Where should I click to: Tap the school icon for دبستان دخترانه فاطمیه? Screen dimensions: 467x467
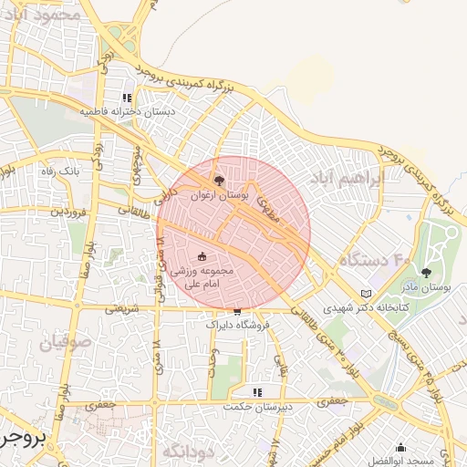click(128, 97)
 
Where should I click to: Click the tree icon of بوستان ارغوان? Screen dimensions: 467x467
click(218, 182)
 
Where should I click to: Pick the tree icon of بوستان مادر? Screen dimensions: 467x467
click(427, 271)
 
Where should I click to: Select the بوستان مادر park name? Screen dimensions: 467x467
click(427, 286)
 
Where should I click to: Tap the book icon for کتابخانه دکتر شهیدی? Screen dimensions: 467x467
click(367, 294)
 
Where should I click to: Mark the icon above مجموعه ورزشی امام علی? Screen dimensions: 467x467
click(202, 256)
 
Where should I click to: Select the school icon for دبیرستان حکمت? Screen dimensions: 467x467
click(258, 392)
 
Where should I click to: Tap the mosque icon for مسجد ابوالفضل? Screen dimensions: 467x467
click(400, 447)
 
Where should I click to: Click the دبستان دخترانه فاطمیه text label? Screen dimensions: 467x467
click(128, 110)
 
